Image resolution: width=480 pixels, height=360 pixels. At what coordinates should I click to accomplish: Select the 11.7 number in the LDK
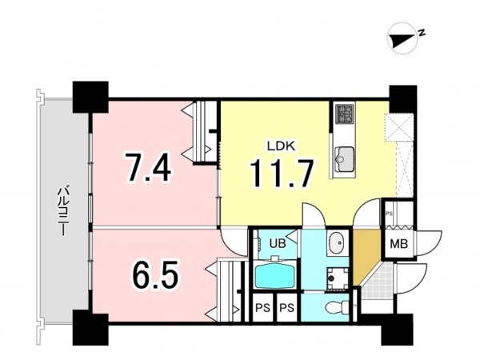(282, 173)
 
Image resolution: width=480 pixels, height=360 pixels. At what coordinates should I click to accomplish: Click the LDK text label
(281, 146)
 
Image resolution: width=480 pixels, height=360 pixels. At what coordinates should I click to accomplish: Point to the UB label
(278, 243)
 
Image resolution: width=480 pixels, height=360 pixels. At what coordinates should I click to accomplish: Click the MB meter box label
(398, 244)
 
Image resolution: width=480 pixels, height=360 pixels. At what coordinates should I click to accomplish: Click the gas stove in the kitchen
(345, 114)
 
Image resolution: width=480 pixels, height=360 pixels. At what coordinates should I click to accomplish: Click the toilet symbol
(337, 306)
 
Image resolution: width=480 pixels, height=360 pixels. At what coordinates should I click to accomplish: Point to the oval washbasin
(338, 243)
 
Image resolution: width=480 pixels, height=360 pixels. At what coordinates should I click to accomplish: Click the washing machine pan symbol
(338, 278)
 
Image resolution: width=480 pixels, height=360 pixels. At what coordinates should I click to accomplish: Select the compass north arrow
(402, 40)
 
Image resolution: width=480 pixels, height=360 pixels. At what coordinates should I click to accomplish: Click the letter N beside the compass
(422, 32)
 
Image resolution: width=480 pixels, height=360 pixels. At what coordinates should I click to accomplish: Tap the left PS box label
(263, 308)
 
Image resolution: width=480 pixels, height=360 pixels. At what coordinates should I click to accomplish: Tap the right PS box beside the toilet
(287, 308)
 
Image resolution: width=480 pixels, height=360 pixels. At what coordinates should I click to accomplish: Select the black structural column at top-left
(90, 98)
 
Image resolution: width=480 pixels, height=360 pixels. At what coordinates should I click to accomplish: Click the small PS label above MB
(389, 214)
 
